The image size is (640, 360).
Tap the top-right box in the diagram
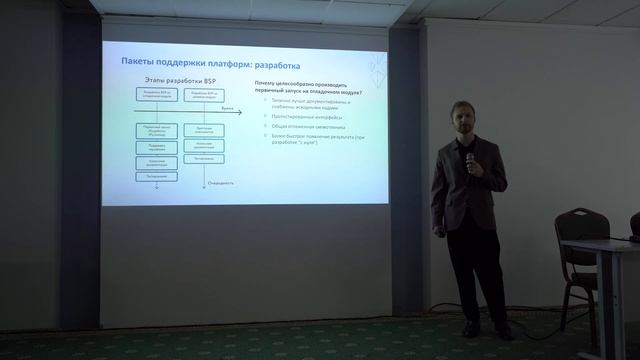(203, 96)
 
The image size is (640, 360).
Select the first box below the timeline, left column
(155, 131)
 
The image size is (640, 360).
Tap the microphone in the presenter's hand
(467, 158)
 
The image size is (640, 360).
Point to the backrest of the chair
(581, 226)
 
